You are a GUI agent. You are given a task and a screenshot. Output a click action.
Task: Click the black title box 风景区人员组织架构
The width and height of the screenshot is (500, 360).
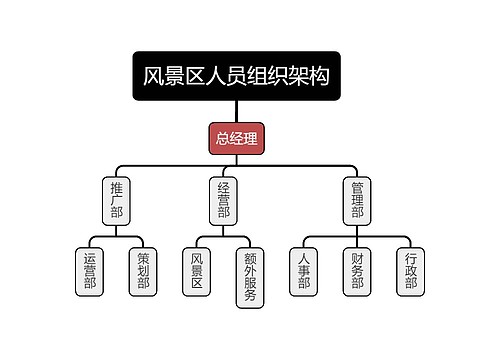click(x=236, y=76)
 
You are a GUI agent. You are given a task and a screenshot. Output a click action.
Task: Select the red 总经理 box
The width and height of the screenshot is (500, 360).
click(x=236, y=138)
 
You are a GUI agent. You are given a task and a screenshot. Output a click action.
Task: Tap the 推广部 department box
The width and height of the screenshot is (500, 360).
click(x=116, y=201)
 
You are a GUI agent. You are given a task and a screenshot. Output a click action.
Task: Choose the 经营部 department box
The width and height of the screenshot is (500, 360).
click(x=223, y=201)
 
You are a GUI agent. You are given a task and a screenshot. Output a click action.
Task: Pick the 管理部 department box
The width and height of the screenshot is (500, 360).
click(x=357, y=201)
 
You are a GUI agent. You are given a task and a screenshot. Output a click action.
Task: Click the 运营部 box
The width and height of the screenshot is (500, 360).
click(x=89, y=272)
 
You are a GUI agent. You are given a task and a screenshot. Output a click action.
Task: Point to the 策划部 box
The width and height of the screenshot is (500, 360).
click(x=143, y=272)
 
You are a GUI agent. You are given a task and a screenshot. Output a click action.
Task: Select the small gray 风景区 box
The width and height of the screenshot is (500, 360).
click(x=197, y=272)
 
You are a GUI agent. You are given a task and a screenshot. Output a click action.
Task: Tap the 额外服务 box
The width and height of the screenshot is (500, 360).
click(x=250, y=278)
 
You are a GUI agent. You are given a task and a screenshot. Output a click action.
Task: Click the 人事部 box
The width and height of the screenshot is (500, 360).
click(x=304, y=272)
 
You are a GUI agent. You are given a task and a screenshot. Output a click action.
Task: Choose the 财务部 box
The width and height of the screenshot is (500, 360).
click(x=357, y=272)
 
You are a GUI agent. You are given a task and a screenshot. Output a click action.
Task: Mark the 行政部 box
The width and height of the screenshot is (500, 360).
click(x=411, y=272)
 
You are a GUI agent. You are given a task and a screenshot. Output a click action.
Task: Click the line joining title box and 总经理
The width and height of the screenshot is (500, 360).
click(x=236, y=111)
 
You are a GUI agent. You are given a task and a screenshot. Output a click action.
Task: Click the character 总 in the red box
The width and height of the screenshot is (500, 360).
click(x=223, y=138)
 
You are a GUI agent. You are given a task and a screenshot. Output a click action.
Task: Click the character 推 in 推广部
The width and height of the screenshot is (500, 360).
click(x=116, y=189)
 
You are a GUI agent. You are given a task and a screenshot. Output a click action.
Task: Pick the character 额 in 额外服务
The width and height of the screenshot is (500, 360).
click(x=250, y=259)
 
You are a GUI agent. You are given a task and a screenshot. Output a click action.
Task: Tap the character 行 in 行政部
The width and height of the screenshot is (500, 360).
click(x=411, y=259)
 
